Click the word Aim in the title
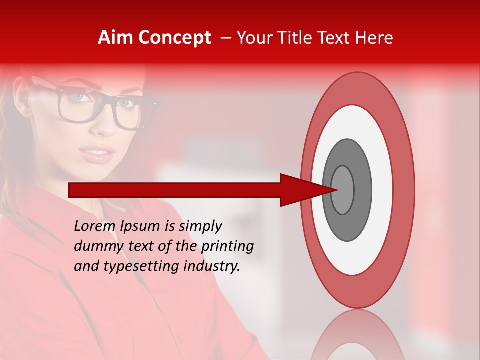(x=116, y=38)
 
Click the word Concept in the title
(x=174, y=38)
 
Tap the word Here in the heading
(x=375, y=38)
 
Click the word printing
(x=227, y=247)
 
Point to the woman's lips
(x=97, y=152)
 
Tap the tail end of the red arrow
(x=72, y=190)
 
